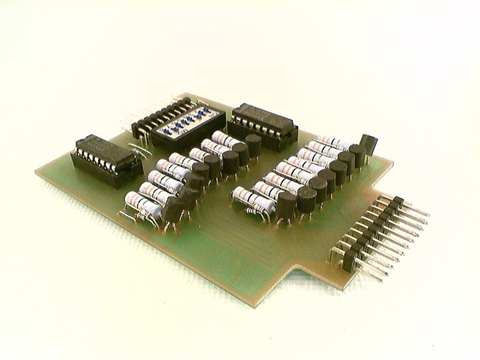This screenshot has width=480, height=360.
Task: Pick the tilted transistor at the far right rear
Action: pyautogui.click(x=368, y=146)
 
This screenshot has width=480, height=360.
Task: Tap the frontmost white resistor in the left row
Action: pyautogui.click(x=140, y=202)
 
